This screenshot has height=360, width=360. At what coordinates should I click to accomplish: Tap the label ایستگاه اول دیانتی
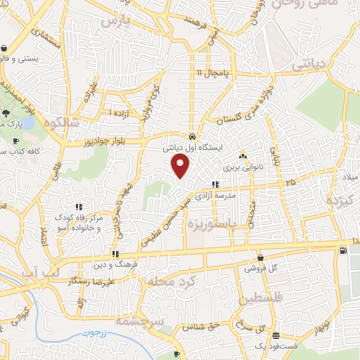[x=192, y=148]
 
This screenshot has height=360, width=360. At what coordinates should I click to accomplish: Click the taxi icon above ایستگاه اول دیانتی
[x=193, y=136]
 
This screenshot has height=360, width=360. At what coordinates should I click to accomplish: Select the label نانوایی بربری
[x=243, y=168]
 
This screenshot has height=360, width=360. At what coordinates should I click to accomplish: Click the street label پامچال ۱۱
[x=208, y=73]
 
